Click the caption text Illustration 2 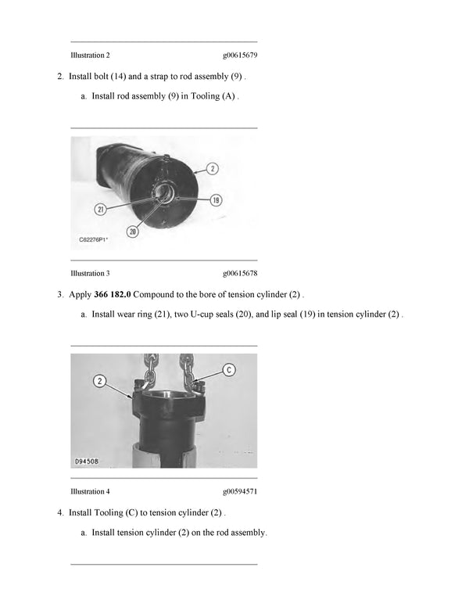click(90, 56)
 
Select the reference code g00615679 click(240, 56)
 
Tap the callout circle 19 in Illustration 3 click(215, 200)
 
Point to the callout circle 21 click(100, 209)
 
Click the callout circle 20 click(133, 232)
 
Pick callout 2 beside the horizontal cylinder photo click(213, 168)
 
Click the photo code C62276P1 click(94, 242)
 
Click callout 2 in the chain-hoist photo click(101, 381)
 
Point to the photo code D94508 click(86, 462)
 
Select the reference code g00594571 click(240, 491)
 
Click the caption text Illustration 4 click(90, 491)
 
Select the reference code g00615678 click(240, 273)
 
